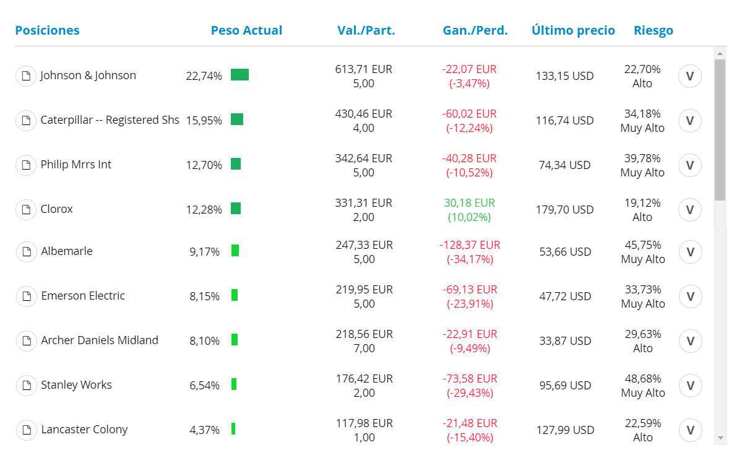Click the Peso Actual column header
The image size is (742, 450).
pos(246,30)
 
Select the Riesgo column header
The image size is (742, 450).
pos(653,31)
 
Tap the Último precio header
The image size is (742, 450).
pos(573,30)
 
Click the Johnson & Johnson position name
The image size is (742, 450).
pos(88,76)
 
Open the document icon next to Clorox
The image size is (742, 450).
pos(26,209)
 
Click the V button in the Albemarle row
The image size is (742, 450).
pos(691,252)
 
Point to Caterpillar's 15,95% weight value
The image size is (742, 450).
pos(204,121)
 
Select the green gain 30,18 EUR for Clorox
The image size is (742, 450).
pos(470,203)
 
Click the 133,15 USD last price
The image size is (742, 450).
pos(564,76)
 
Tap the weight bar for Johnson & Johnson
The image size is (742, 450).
pos(240,75)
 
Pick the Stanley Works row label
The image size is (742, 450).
pos(77,385)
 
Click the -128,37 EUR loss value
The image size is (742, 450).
pos(470,245)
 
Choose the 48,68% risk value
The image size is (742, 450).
pos(643,379)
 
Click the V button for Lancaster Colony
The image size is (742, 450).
pos(691,430)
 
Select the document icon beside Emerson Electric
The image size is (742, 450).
pos(27,296)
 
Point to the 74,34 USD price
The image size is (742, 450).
pos(564,165)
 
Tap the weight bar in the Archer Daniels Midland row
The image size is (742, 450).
pos(235,340)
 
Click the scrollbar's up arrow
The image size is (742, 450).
pos(720,53)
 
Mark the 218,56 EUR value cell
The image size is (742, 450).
pos(365,334)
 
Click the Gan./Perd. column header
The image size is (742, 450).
pos(475,30)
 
